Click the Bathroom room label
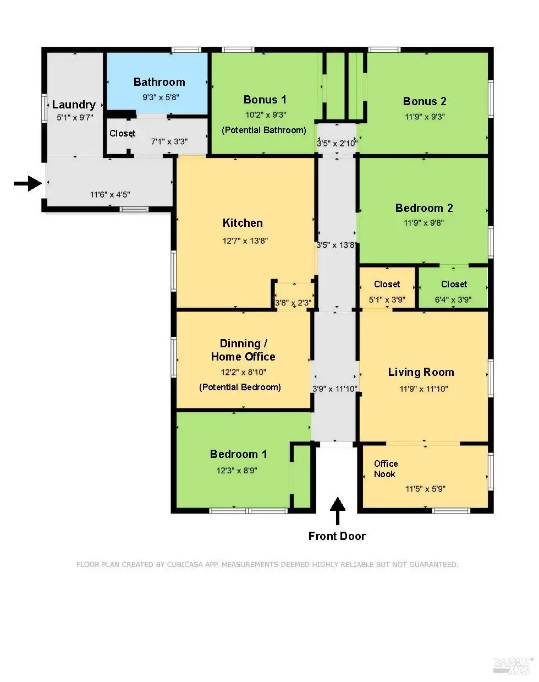coord(159,82)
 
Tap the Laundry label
coord(74,105)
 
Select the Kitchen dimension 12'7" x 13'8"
coord(245,241)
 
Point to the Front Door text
coord(337,536)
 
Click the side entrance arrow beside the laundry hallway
coord(28,183)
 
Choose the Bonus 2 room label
coord(425,101)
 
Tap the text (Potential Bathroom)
coord(264,130)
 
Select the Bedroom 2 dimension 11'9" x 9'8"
coord(424,223)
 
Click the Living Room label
coord(421,372)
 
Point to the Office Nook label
coord(386,469)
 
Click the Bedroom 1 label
coord(239,454)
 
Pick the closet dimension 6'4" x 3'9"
coord(453,299)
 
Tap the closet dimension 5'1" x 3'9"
coord(387,299)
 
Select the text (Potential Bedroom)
coord(240,388)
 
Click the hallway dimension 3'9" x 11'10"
coord(335,389)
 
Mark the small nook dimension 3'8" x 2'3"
coord(293,303)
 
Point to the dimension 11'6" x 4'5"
coord(110,195)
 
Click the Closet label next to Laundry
coord(123,133)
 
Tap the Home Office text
coord(243,357)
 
